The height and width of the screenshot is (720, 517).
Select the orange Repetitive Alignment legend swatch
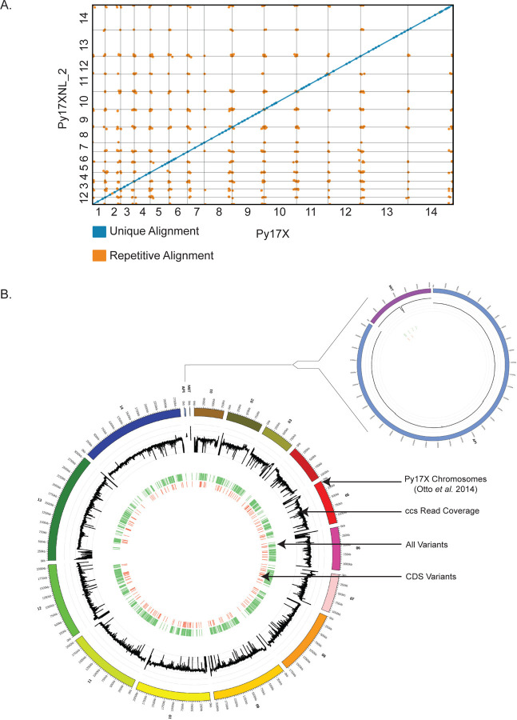100,255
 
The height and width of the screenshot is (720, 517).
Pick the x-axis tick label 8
218,214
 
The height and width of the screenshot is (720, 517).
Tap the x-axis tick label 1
98,214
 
